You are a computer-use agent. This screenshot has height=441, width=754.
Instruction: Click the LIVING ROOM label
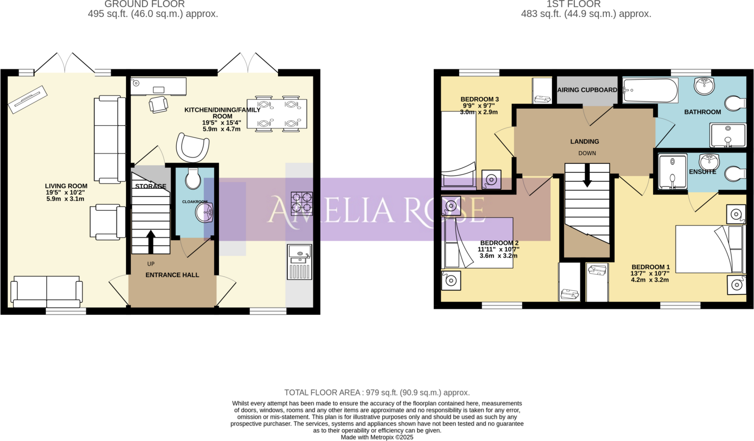pos(66,186)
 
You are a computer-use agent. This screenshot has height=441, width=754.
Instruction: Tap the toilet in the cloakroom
pos(193,178)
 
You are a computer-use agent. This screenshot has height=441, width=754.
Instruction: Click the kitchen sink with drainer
pos(299,261)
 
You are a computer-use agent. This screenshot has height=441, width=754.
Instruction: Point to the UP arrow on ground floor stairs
pos(151,242)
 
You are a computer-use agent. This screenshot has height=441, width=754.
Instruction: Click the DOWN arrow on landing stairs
pos(587,175)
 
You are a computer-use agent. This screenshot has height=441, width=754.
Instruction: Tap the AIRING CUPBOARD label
pos(587,90)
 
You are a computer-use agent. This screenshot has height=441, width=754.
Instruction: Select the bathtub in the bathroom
pos(650,90)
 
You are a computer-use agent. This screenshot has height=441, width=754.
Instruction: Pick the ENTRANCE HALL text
pos(172,275)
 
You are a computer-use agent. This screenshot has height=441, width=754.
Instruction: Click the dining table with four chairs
pos(277,114)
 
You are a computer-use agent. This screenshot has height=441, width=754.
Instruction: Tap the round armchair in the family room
pos(193,147)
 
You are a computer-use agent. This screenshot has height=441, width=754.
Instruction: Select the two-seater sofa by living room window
pos(47,291)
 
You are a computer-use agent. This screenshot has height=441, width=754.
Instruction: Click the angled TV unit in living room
pos(28,100)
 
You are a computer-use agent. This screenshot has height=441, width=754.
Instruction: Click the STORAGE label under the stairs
pos(151,186)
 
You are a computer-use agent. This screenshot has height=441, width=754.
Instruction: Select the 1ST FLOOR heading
pos(573,4)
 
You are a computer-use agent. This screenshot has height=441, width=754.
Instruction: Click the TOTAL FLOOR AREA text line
pos(377,393)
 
